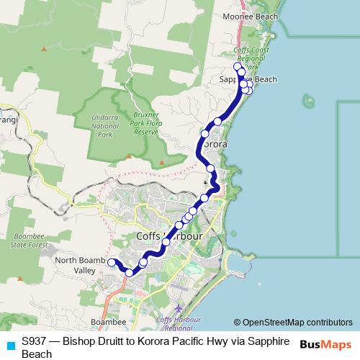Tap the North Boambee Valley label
pyautogui.click(x=76, y=265)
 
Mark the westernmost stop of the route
pyautogui.click(x=112, y=263)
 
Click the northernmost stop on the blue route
pyautogui.click(x=238, y=66)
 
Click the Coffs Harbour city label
pyautogui.click(x=170, y=236)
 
